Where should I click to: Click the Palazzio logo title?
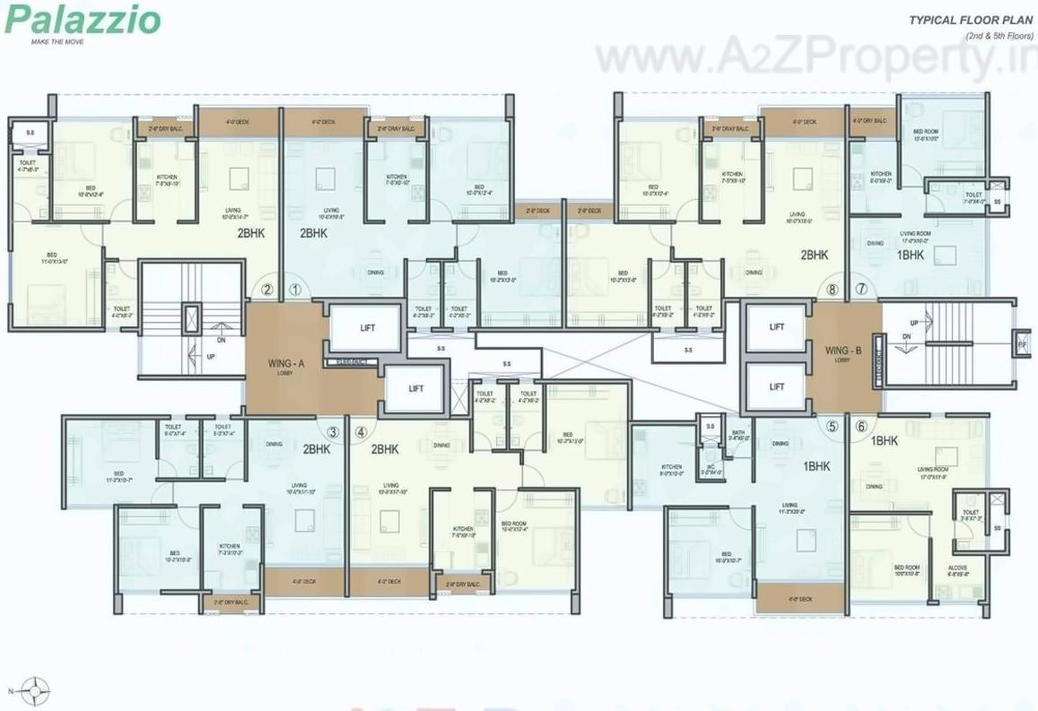[83, 20]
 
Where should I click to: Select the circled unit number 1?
[296, 290]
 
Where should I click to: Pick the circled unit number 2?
[266, 290]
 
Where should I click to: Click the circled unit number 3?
[333, 431]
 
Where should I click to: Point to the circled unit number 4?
[362, 431]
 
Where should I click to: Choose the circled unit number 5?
[833, 427]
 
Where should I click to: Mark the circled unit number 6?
[861, 427]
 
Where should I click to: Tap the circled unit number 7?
[861, 289]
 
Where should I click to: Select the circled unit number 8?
[833, 289]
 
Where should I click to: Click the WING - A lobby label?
[288, 365]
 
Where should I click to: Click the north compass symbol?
[35, 691]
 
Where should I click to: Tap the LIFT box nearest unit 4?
[415, 388]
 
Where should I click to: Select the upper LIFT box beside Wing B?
[776, 327]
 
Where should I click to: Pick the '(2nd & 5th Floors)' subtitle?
[999, 35]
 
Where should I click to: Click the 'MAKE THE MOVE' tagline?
[57, 41]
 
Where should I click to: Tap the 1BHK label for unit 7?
[910, 255]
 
